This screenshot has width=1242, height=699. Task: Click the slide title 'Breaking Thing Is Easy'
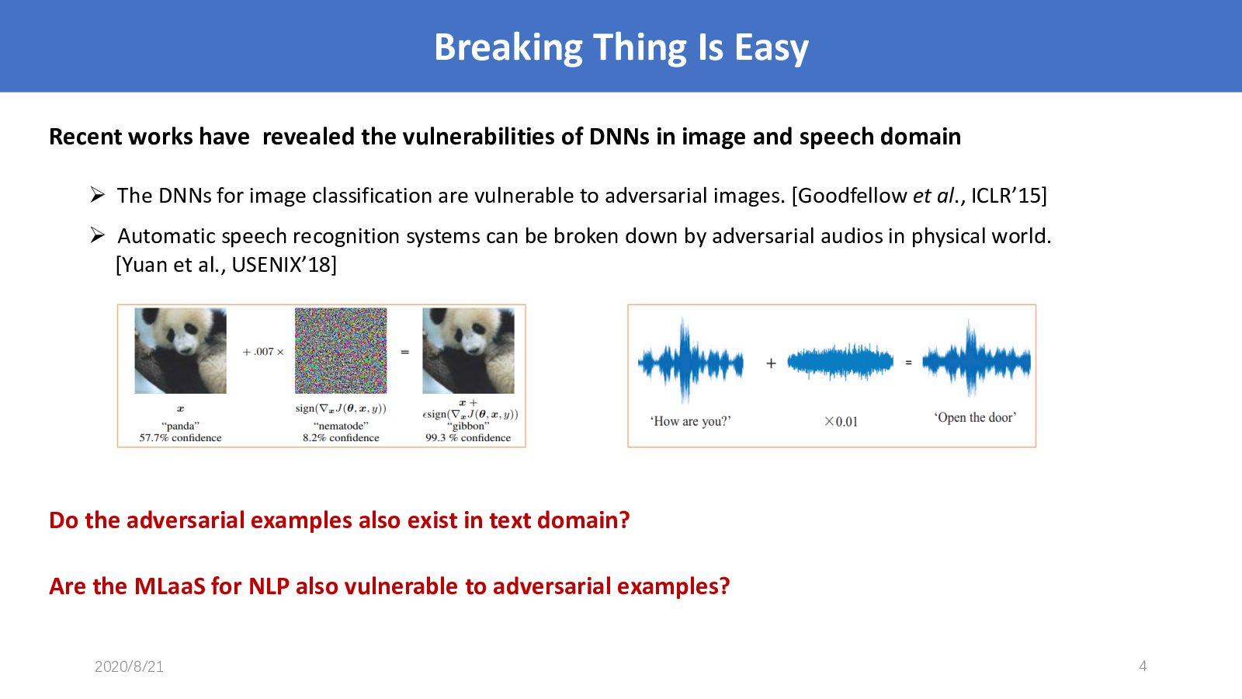621,47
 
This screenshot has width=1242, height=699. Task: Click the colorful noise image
341,350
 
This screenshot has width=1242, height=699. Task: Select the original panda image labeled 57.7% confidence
180,350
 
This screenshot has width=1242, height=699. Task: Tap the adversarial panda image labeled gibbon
468,350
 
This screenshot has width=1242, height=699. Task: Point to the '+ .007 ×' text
263,352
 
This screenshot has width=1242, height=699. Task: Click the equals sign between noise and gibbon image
404,353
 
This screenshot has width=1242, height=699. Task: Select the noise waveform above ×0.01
840,362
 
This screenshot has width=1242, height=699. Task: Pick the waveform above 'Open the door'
977,360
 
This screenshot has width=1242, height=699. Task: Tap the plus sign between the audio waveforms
771,363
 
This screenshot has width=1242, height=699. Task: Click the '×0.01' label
841,422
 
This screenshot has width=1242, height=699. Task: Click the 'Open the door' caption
975,417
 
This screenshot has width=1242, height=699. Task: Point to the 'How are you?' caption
690,421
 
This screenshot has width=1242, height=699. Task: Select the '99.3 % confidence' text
468,438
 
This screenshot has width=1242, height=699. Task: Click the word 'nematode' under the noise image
341,426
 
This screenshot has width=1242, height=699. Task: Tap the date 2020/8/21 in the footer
129,666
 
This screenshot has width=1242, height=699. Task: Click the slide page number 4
1143,666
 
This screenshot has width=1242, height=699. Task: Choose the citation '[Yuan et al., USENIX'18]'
226,265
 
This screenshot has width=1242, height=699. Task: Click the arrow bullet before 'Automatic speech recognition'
98,235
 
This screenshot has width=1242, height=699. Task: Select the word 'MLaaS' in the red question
170,586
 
